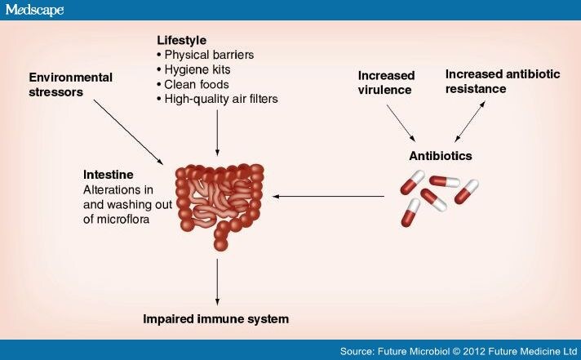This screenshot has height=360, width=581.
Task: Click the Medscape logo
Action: click(34, 10)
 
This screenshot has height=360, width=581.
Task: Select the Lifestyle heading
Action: click(181, 40)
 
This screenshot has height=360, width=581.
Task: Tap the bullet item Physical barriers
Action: click(206, 55)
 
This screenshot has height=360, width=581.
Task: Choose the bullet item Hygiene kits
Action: click(193, 69)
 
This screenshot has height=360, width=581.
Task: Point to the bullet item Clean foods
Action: click(193, 85)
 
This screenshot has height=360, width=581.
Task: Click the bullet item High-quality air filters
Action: click(217, 99)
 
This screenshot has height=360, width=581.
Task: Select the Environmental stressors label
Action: click(71, 85)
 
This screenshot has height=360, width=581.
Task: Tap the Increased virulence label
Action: click(386, 82)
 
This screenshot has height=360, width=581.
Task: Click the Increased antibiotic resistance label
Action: click(503, 82)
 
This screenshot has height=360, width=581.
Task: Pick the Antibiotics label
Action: click(441, 156)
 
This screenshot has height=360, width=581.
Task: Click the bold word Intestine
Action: click(109, 175)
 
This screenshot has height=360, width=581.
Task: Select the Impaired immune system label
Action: click(215, 319)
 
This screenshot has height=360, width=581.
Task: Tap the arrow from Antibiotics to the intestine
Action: click(328, 197)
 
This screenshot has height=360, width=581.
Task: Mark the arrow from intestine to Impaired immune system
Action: click(217, 282)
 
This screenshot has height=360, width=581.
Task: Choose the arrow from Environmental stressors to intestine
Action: click(128, 132)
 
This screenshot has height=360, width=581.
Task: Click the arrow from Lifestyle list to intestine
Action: click(217, 133)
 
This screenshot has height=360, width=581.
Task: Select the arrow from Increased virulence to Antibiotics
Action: click(401, 123)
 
